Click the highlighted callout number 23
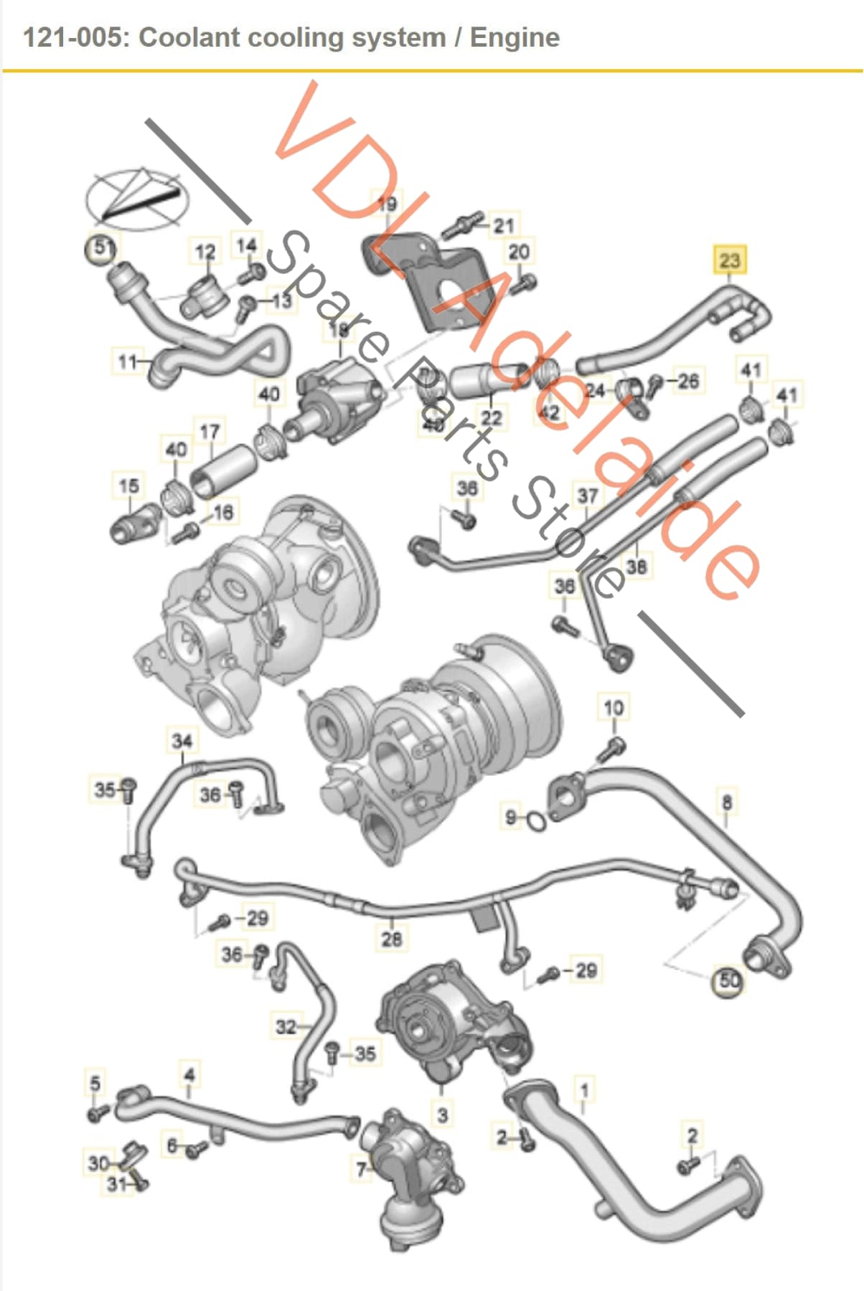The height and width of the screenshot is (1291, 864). tap(729, 260)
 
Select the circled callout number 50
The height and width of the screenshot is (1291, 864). tap(728, 980)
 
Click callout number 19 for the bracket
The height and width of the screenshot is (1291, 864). tap(387, 204)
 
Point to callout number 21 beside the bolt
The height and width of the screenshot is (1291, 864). tap(504, 225)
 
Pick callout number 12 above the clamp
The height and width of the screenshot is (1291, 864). tap(205, 252)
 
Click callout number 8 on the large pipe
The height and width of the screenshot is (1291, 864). tap(727, 801)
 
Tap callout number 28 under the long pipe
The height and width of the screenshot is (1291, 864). tap(391, 938)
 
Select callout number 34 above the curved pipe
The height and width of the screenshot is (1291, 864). tap(182, 741)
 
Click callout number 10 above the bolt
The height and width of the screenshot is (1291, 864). tap(613, 708)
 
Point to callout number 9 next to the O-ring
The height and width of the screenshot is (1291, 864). tap(511, 817)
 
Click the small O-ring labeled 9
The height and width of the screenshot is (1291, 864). tap(535, 821)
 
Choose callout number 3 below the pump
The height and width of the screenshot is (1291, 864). tap(442, 1115)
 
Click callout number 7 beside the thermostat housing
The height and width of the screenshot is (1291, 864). tap(362, 1169)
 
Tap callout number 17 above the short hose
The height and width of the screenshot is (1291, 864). tap(209, 432)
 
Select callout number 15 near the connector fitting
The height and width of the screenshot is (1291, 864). tap(128, 486)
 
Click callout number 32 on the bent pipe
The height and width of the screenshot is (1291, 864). tap(285, 1027)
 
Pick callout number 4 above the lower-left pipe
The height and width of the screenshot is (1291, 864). tap(189, 1074)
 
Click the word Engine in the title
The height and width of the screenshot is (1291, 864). tap(515, 37)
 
